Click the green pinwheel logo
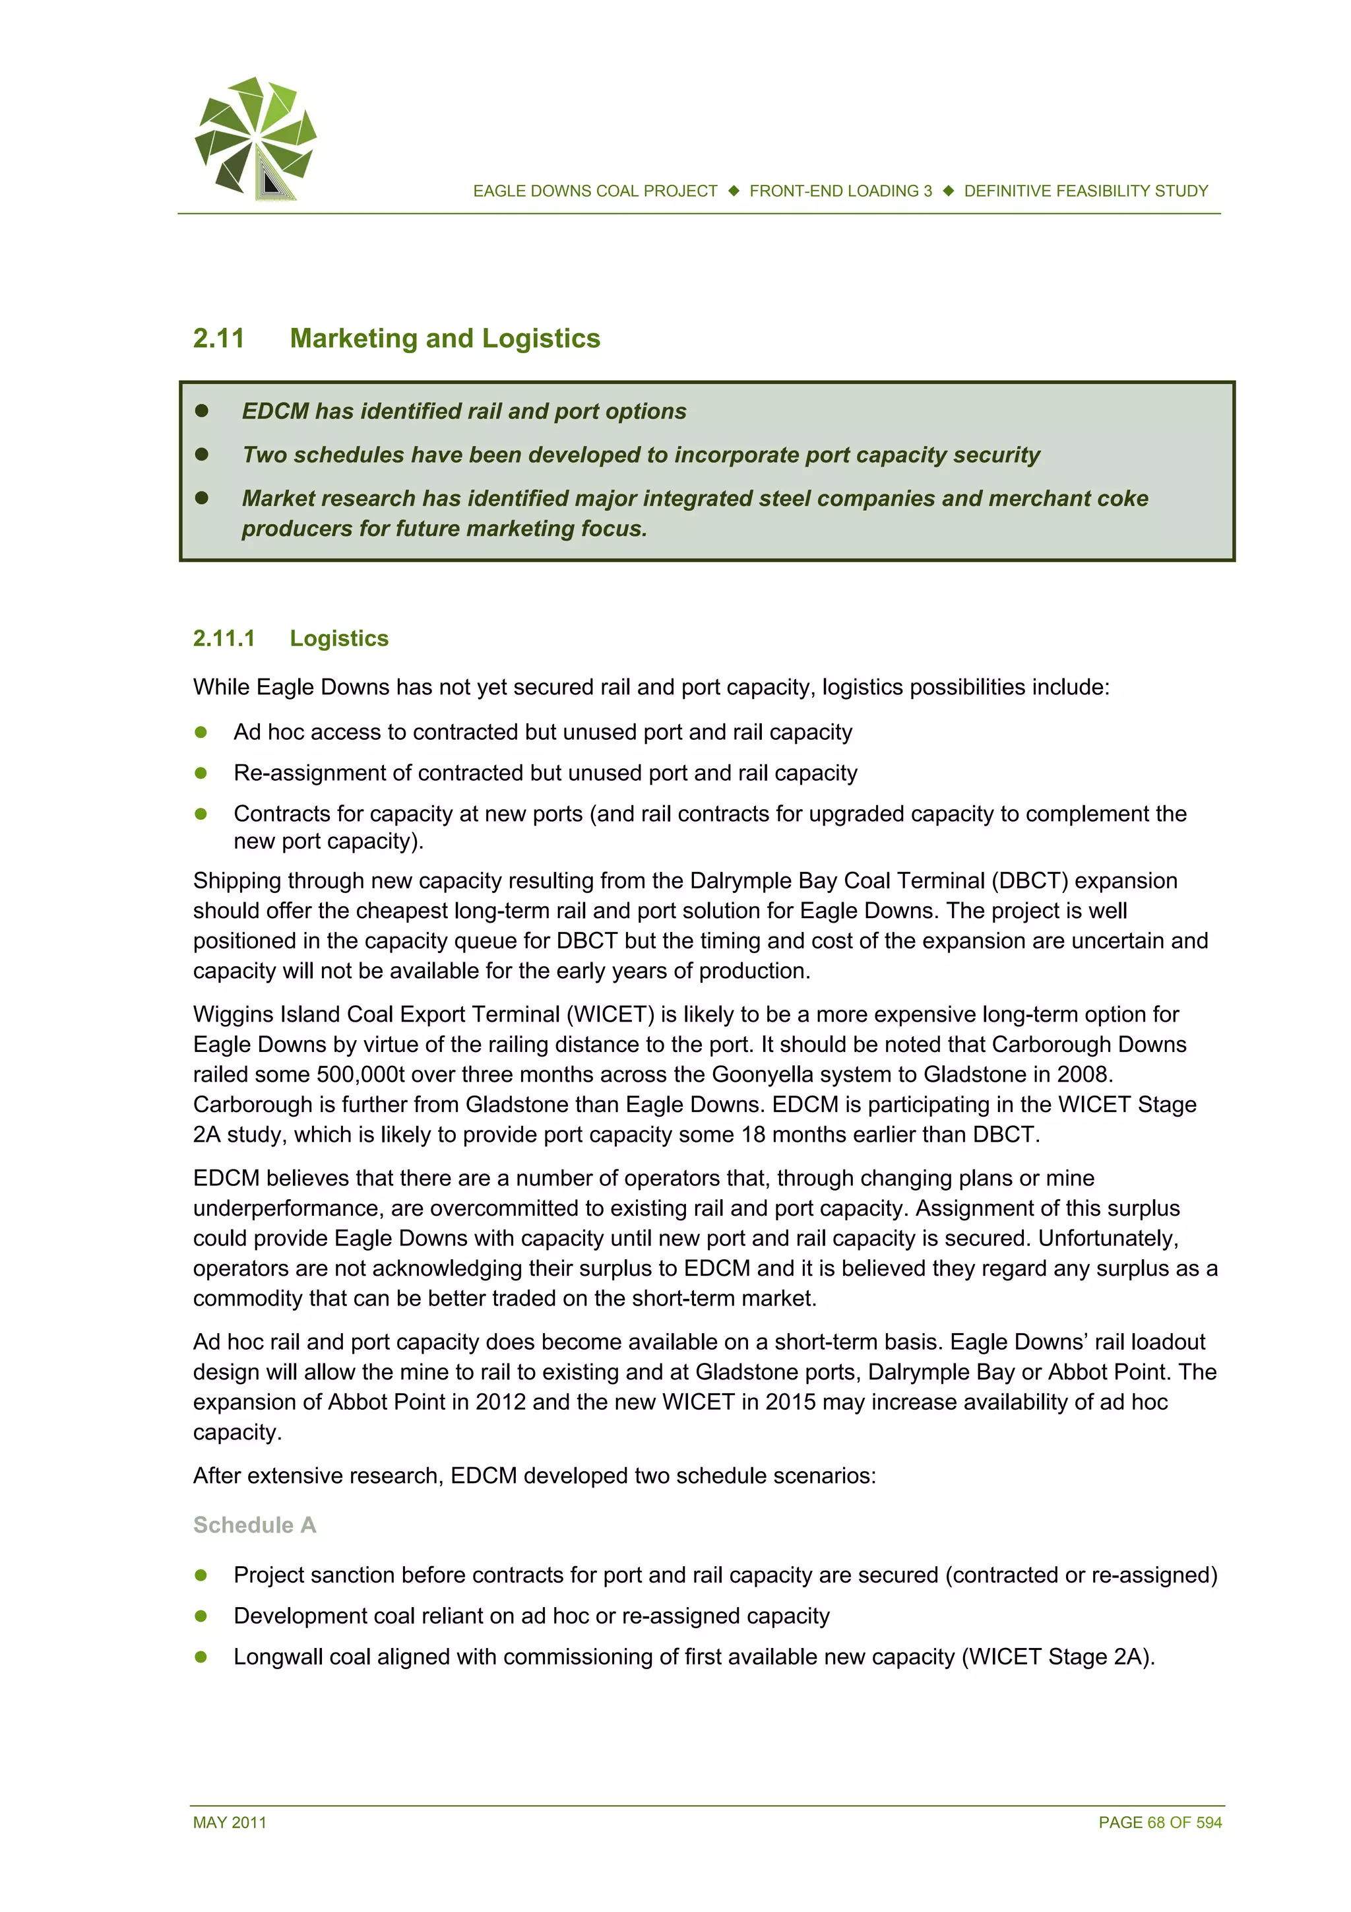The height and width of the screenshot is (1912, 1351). (255, 138)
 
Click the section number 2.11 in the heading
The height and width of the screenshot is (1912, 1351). (219, 339)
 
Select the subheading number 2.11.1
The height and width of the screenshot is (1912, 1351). (223, 639)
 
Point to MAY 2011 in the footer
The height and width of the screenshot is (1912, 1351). (230, 1822)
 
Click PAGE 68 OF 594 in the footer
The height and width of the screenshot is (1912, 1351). (1160, 1822)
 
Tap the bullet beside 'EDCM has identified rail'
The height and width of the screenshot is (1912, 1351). (201, 411)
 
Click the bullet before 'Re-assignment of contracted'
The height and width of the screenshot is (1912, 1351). (201, 773)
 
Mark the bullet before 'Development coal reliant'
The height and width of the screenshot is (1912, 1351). (201, 1616)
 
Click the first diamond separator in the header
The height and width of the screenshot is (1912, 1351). (734, 191)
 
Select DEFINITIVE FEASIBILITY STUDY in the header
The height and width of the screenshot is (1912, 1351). (1085, 191)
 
